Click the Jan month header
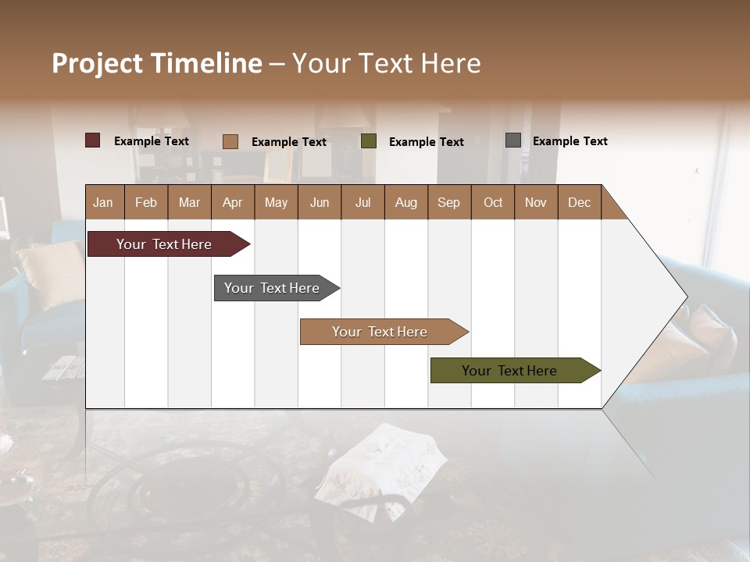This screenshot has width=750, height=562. (x=103, y=202)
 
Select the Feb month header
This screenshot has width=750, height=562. (x=146, y=202)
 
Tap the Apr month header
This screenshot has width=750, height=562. (x=232, y=202)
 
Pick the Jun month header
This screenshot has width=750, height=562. (x=320, y=202)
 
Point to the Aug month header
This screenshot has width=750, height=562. (x=405, y=202)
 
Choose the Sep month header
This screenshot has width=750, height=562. (x=448, y=202)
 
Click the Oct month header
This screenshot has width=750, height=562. (x=493, y=202)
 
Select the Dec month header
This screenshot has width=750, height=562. (x=579, y=202)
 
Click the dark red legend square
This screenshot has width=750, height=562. (x=93, y=140)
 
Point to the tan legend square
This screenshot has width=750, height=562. (x=230, y=141)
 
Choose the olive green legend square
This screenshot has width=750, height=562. (x=369, y=141)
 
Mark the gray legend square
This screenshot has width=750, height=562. (x=513, y=140)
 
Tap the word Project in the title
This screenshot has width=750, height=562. (x=97, y=63)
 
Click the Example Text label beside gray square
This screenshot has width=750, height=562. (x=570, y=141)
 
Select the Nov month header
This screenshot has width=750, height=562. (x=535, y=202)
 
